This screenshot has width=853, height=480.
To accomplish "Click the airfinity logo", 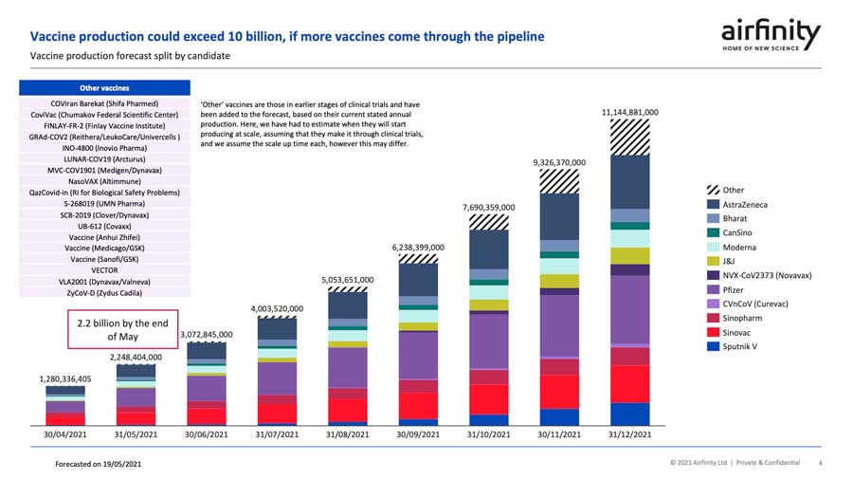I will [771, 35].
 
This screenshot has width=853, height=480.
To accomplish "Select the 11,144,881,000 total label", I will [630, 112].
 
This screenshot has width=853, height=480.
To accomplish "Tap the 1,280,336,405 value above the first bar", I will [65, 378].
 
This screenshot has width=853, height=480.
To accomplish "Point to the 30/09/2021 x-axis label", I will [418, 434].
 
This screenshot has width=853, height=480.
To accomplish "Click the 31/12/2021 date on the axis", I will [630, 434].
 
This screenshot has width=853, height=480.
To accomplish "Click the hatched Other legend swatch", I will [713, 191].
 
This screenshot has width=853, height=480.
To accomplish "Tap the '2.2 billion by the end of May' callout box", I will [122, 329].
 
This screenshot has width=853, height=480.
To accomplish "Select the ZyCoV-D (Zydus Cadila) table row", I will [100, 293].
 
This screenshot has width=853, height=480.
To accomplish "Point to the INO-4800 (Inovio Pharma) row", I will [100, 148].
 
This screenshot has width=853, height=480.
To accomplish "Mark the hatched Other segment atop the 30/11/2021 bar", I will [559, 181].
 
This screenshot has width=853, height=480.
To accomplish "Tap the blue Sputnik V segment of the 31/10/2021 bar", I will [488, 419].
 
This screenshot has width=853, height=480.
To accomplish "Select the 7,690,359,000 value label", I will [488, 207].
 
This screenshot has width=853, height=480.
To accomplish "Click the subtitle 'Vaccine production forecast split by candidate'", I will [130, 56].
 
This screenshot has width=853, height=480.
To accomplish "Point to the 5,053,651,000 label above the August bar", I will [347, 280].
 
